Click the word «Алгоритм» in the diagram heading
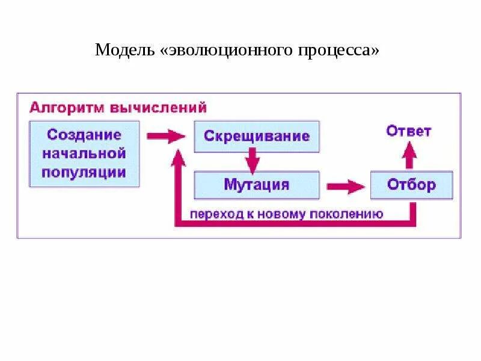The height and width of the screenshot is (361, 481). tap(67, 108)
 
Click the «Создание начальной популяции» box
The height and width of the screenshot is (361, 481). tap(84, 153)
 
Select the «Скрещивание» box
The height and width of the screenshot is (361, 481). tap(257, 136)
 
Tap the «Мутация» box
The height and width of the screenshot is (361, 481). tap(257, 185)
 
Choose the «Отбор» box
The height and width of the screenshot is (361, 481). tap(411, 185)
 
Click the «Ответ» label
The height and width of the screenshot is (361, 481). tap(409, 131)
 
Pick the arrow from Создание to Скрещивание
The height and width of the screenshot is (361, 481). tap(167, 136)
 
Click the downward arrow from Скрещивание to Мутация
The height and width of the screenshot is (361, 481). tap(252, 161)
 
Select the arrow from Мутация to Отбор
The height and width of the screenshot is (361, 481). tap(345, 186)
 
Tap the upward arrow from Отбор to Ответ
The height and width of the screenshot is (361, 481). tap(409, 155)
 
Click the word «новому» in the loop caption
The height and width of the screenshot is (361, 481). tap(290, 214)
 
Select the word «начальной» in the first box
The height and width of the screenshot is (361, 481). tap(84, 153)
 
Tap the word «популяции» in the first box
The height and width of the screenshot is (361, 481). tap(84, 172)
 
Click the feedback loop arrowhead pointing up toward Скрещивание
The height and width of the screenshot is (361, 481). tap(177, 158)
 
